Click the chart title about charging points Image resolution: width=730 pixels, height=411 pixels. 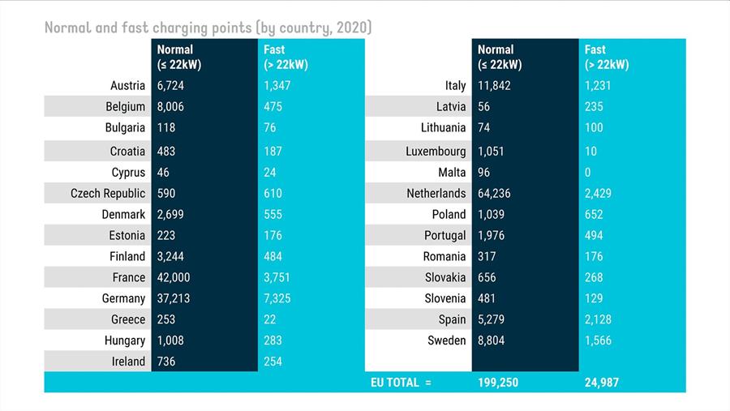208,28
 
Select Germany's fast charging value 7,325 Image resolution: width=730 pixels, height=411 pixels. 277,298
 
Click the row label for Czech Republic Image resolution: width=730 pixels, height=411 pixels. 108,193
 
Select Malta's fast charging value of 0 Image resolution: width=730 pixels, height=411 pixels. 588,172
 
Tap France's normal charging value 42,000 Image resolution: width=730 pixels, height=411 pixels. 174,277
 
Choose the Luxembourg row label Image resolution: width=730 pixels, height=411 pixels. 436,151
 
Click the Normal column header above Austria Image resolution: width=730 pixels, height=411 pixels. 177,57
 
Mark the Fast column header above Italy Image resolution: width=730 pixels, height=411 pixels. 607,57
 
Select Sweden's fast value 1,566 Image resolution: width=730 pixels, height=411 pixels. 598,340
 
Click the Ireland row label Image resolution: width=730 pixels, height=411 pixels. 128,362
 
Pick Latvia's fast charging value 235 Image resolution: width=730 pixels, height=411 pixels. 594,106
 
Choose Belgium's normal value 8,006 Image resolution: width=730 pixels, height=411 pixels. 170,106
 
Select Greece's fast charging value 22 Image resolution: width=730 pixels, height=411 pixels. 270,319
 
